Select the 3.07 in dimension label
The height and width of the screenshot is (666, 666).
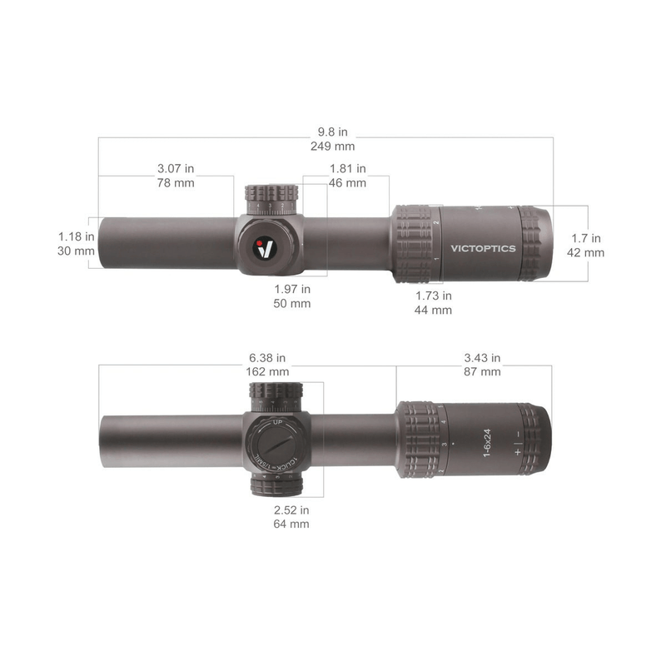pos(175,169)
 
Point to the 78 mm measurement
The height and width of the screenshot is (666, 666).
pos(175,183)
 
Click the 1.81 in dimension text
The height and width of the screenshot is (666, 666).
pos(347,169)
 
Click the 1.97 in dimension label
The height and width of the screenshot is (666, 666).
pos(292,289)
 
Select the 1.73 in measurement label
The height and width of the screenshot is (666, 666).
pos(433,296)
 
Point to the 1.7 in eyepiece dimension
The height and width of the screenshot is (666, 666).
pos(586,238)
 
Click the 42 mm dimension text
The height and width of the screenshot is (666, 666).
pos(586,252)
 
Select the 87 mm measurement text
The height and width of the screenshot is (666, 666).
pos(482,372)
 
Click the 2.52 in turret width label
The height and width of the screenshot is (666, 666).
pos(291,509)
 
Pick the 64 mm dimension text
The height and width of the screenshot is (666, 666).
pos(291,524)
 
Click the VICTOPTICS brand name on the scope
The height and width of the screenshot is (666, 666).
pos(483,248)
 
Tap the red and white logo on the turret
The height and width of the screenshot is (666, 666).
pos(266,248)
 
